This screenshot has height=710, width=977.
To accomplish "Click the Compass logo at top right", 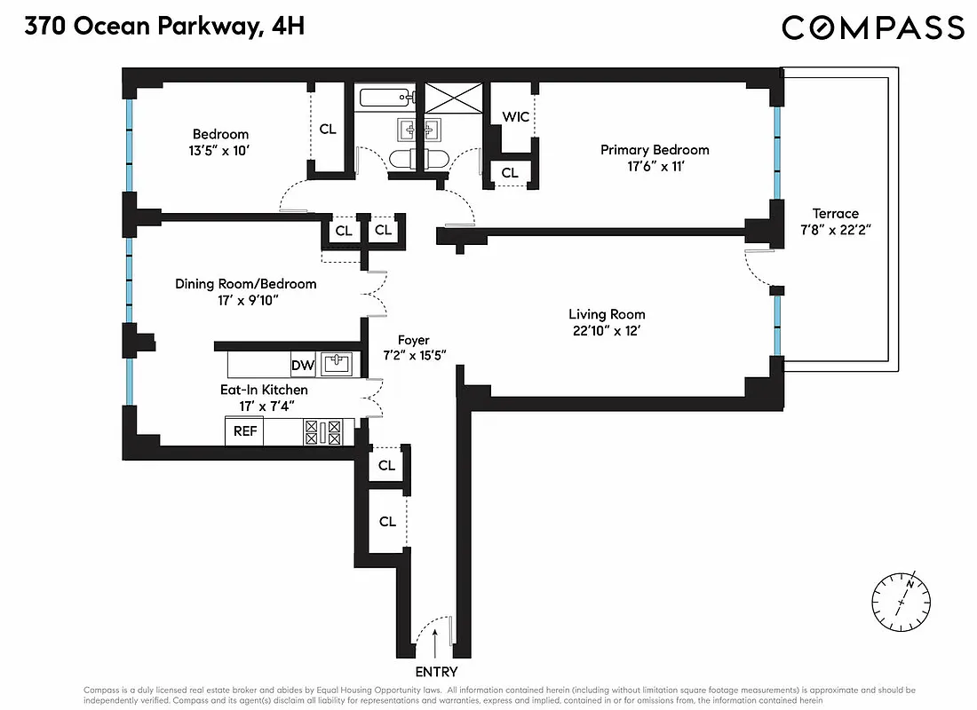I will tap(872, 28).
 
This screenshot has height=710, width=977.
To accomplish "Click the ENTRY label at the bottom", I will tap(436, 672).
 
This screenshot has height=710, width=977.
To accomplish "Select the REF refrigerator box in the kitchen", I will tap(244, 431).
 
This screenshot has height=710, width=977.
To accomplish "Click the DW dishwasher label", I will tap(302, 364).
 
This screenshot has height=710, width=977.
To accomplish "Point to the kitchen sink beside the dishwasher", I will tap(336, 364).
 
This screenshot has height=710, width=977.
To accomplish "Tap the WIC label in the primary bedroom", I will tap(515, 117).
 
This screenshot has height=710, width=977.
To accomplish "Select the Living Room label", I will tap(607, 314).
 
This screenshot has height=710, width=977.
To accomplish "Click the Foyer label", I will tap(413, 340).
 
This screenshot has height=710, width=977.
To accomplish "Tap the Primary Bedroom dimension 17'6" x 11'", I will tap(655, 167).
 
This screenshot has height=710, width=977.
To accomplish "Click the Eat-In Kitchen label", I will tap(264, 390).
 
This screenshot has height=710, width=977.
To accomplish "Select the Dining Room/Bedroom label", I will tap(245, 284).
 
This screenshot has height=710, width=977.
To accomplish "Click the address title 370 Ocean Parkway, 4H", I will tap(164, 27).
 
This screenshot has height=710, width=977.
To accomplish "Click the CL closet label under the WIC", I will tap(510, 173).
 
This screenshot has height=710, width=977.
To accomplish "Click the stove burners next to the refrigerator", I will tap(323, 431).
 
